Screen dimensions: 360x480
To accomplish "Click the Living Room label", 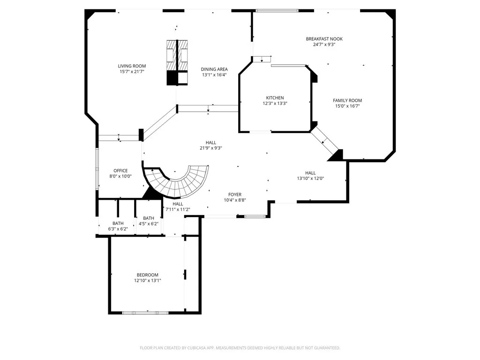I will tap(132, 66).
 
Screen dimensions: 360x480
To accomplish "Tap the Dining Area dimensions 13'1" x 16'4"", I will tap(214, 75).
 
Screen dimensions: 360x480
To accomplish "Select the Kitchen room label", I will tap(275, 97).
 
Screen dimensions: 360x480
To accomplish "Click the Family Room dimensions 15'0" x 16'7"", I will tap(347, 106).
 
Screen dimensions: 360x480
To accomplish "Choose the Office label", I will tap(120, 171).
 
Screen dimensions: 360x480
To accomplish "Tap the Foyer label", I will tap(235, 194).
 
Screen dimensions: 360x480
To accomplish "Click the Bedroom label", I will tap(147, 275).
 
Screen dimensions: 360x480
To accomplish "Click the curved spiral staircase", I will tap(180, 183).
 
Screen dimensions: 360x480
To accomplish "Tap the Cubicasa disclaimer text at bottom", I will tap(240, 348).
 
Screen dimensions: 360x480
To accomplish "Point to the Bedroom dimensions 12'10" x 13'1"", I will tap(147, 281).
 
